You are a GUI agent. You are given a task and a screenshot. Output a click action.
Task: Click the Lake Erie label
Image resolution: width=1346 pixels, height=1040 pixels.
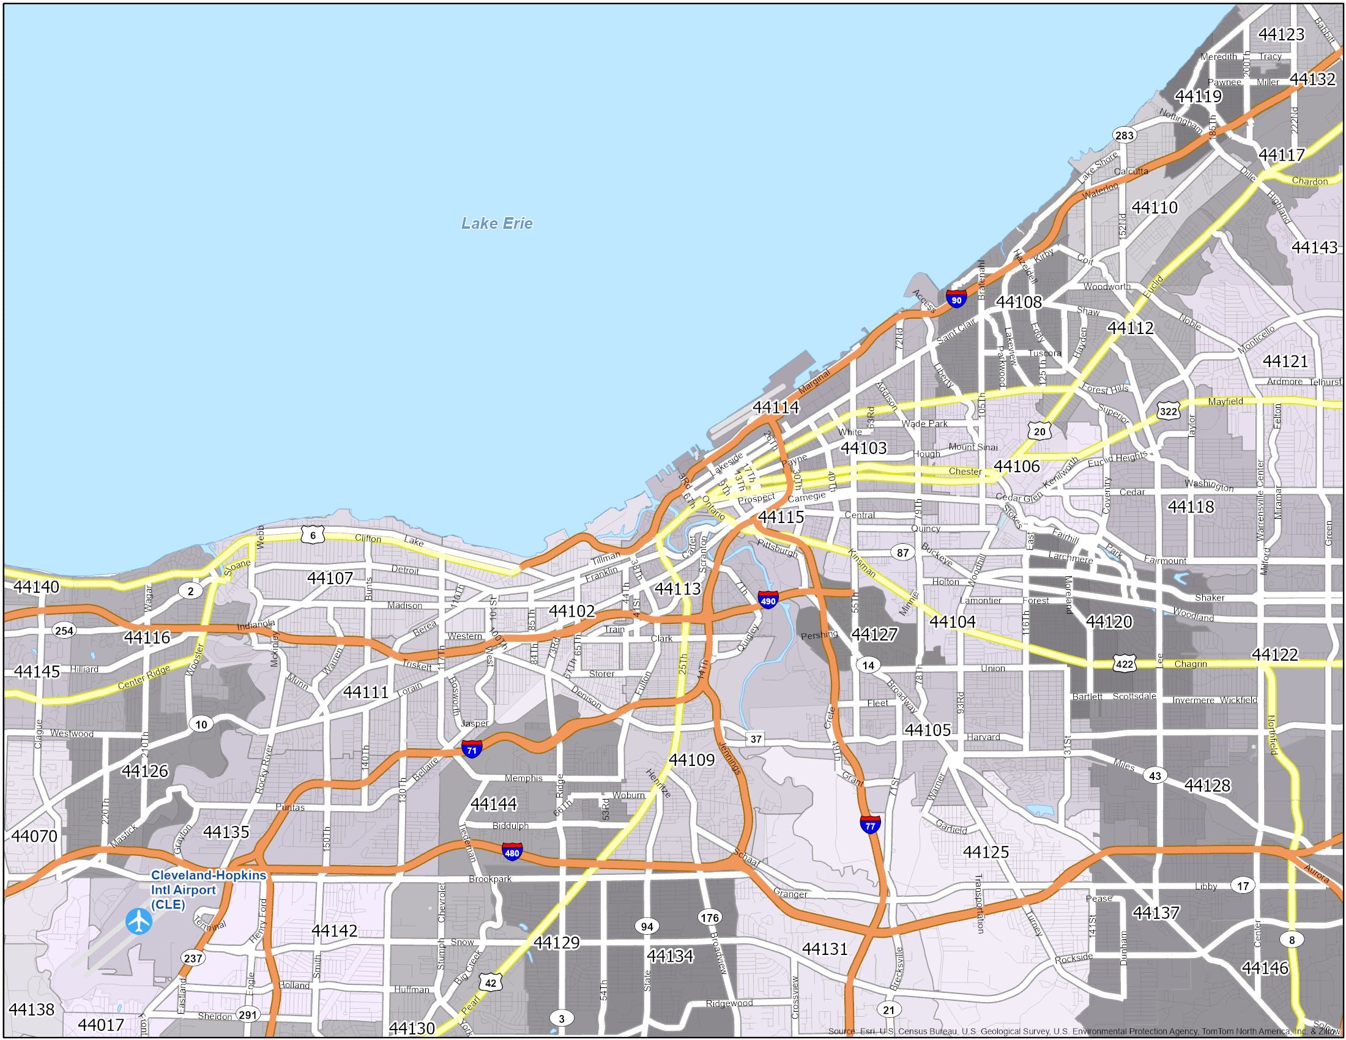point(497,223)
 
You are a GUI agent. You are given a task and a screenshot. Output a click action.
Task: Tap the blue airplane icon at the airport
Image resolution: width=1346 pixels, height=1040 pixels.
point(139,921)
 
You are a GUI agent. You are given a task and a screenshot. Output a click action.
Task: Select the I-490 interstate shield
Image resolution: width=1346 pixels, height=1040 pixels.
point(768,600)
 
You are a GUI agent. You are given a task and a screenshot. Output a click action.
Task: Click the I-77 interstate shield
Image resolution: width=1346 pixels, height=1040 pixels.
point(870,824)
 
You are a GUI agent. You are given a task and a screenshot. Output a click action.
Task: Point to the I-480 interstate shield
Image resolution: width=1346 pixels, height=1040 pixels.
point(512,852)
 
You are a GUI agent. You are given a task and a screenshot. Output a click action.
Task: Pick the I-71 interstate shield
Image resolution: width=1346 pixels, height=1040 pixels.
point(472,749)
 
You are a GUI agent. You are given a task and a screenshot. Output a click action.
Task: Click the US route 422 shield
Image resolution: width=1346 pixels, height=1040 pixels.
point(1124,664)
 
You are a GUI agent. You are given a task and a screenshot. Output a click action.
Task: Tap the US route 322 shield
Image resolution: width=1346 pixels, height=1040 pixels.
point(1169,411)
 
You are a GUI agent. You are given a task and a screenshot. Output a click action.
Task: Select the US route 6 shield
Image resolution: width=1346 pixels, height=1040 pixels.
point(313,535)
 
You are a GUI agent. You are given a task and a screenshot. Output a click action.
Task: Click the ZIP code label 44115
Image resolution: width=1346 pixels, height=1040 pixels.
point(781,517)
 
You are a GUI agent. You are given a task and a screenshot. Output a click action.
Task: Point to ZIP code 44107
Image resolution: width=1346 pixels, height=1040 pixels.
point(330,578)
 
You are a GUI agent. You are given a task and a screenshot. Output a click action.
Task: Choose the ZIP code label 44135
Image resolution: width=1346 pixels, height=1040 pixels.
point(226,832)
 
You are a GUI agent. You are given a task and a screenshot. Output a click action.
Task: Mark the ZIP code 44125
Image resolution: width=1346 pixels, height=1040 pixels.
point(986,852)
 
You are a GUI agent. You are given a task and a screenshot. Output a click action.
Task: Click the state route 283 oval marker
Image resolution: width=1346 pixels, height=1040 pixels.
point(1124,136)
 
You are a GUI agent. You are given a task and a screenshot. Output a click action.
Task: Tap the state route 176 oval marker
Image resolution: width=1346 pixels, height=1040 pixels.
point(709,918)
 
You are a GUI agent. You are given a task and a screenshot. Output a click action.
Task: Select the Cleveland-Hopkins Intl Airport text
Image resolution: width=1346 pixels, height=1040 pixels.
point(208,890)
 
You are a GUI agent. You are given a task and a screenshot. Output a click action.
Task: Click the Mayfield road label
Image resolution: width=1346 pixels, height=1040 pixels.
point(1225,402)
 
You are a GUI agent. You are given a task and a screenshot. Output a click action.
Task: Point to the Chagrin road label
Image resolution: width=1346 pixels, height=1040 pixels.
point(1190,664)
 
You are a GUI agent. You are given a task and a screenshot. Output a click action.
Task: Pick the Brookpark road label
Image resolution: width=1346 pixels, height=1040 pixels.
point(490,878)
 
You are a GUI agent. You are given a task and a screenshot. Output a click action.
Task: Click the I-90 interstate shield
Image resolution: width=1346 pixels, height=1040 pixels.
point(956,300)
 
